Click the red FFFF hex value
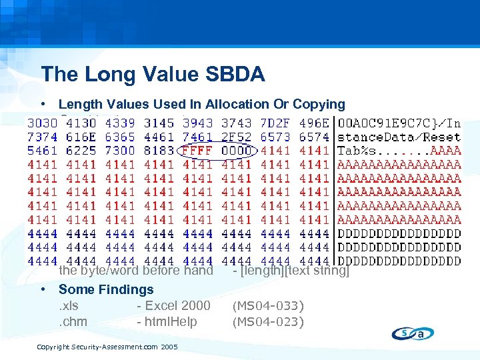point(197,151)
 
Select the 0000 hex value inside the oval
point(236,151)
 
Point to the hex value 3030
point(42,123)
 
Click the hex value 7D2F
point(275,123)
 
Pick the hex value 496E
point(314,123)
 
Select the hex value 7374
point(42,137)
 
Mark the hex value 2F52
point(236,137)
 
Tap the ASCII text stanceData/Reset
point(399,137)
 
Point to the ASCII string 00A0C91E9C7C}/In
point(399,123)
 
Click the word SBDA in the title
point(233,74)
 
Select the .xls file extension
point(69,305)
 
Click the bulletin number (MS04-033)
point(267,306)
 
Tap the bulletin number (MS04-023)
point(267,322)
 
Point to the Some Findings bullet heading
point(106,289)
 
